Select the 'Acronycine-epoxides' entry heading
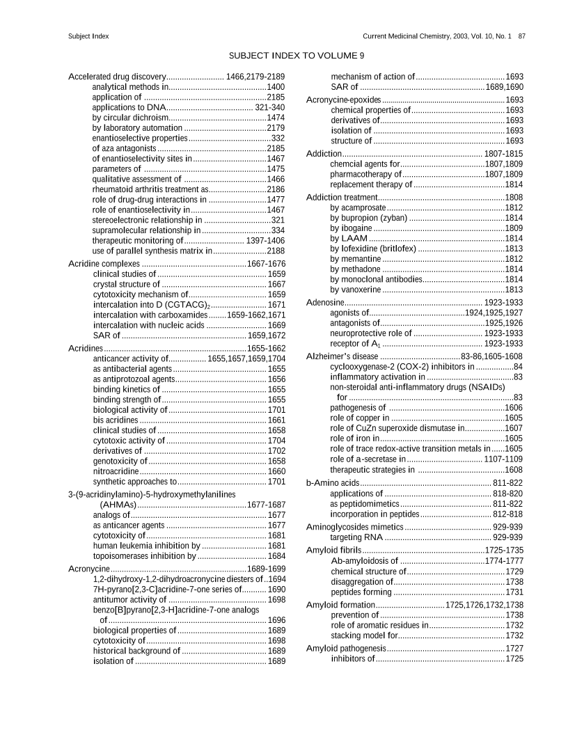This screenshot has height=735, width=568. [x=343, y=100]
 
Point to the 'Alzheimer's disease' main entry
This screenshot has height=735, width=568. [x=342, y=356]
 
